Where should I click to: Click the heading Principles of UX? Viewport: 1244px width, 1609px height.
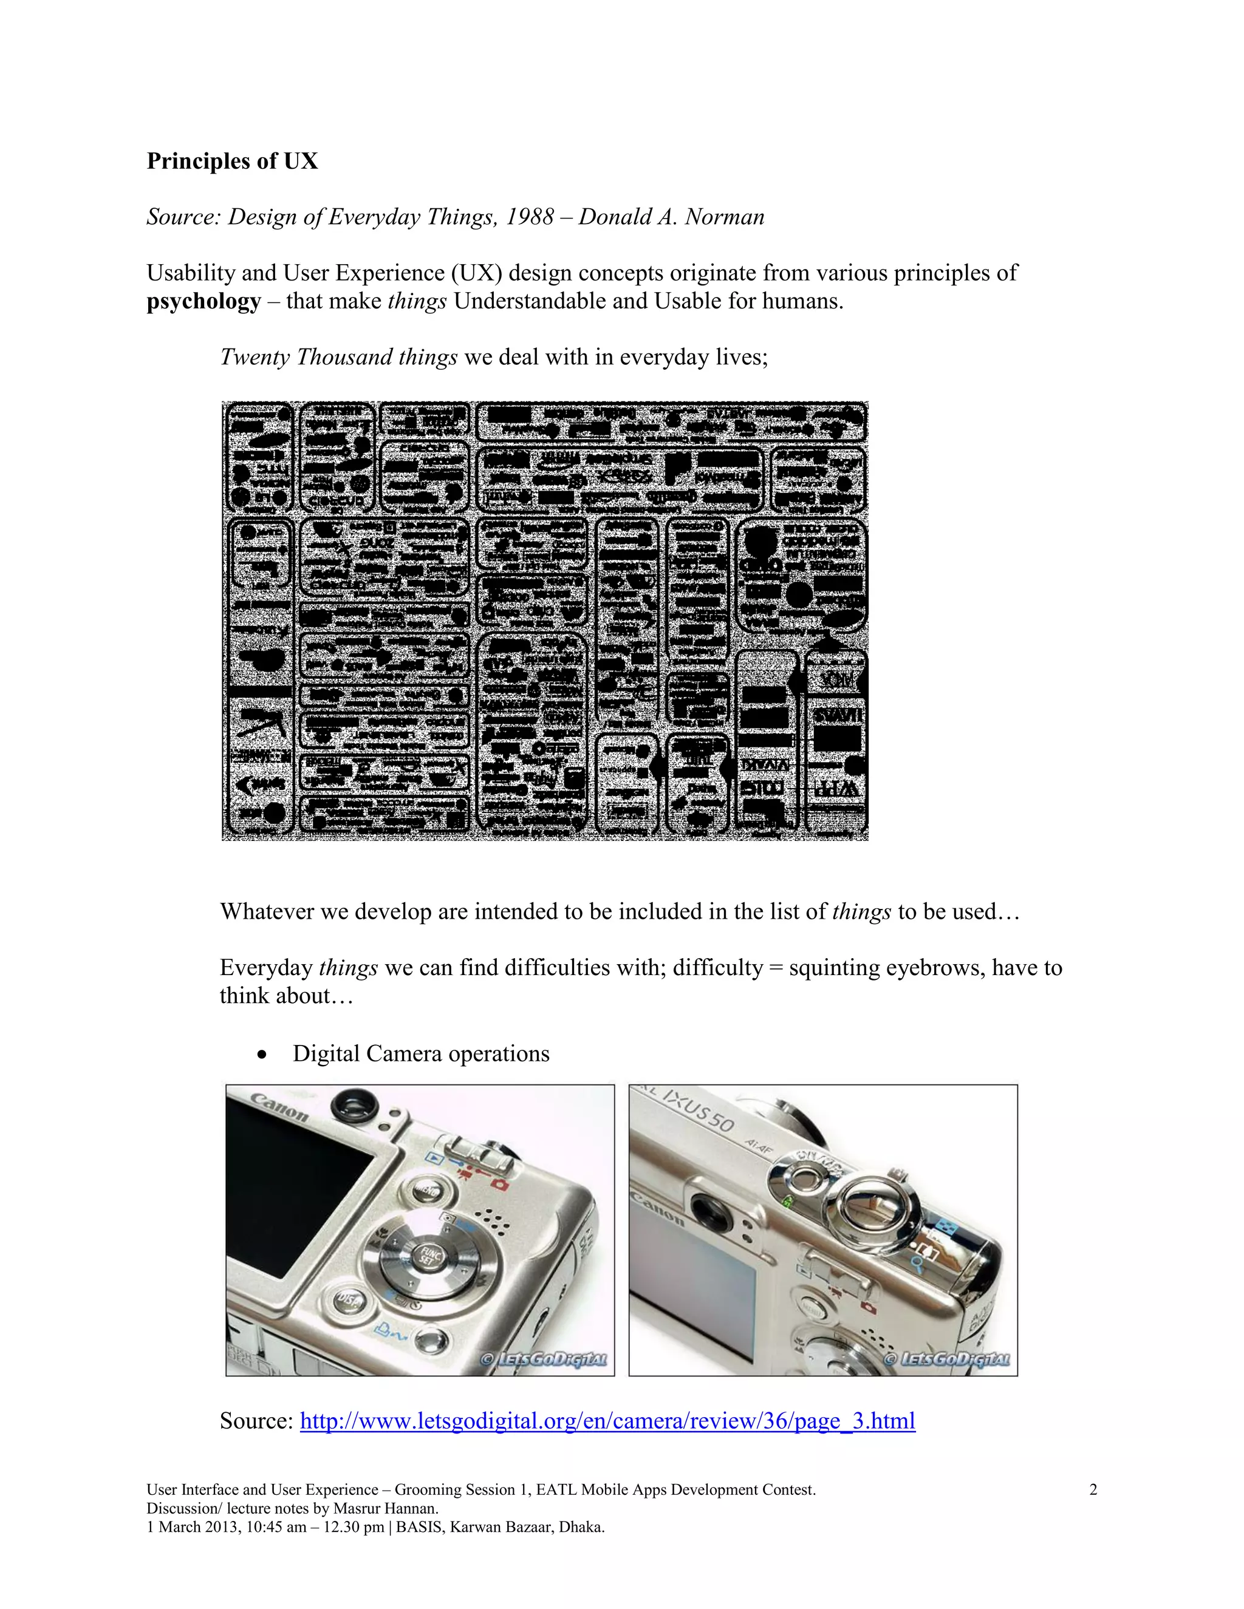232,162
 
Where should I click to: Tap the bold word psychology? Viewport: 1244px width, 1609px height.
203,301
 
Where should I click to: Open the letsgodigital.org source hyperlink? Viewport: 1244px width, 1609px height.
607,1420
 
